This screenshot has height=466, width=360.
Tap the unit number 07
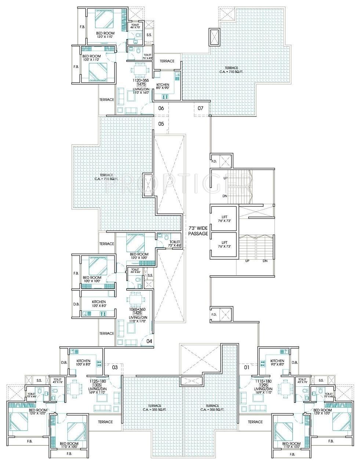pos(200,108)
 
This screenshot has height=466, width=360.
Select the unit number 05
pos(161,124)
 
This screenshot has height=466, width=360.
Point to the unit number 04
pos(149,341)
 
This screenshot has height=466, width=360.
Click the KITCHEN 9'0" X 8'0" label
pos(277,362)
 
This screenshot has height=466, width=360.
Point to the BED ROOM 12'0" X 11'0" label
pos(105,35)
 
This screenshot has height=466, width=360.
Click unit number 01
pos(246,367)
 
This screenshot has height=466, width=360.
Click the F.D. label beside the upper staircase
pos(214,162)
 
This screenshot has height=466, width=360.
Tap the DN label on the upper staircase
pos(225,196)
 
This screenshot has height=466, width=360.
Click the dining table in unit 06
pos(139,69)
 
